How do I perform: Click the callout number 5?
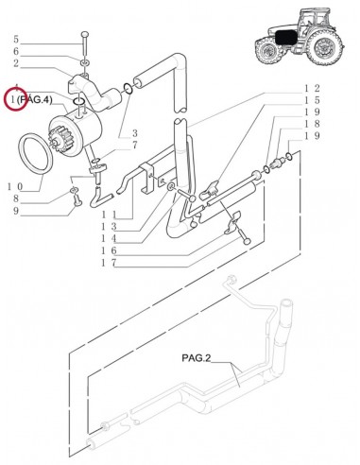click(16, 40)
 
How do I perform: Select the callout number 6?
click(16, 51)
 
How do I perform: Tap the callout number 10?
click(15, 187)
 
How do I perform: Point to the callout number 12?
click(312, 89)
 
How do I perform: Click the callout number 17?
click(109, 263)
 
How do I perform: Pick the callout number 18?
click(312, 124)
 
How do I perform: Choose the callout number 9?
click(16, 211)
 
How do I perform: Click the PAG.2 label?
click(196, 358)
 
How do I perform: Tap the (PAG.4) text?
click(34, 100)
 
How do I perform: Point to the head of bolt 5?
click(85, 34)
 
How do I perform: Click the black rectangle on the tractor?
click(286, 38)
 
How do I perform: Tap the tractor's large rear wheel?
click(325, 47)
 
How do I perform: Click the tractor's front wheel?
click(267, 50)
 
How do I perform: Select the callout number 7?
click(134, 146)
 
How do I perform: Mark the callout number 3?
click(134, 133)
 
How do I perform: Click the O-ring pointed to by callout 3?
click(128, 89)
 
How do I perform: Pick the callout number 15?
click(312, 100)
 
